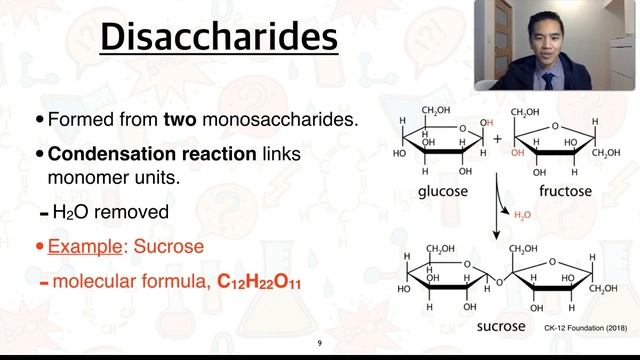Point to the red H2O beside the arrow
(522, 215)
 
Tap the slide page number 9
(320, 343)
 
